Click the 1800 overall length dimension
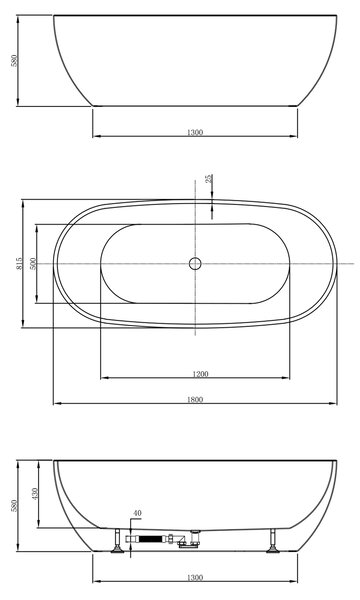(x=195, y=399)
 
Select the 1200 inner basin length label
(x=200, y=374)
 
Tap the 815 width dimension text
(x=20, y=263)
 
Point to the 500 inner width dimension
(x=33, y=264)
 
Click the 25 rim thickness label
(x=209, y=178)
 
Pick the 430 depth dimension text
(x=34, y=494)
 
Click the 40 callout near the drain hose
(x=137, y=513)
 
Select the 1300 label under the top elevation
(x=195, y=132)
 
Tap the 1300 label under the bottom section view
(x=195, y=577)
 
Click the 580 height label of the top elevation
(x=14, y=60)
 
